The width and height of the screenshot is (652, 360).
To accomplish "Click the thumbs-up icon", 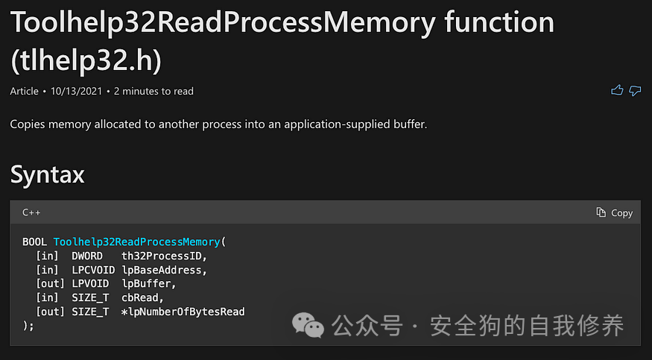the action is tap(617, 91).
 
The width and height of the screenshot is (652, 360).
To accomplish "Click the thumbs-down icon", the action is tap(635, 91).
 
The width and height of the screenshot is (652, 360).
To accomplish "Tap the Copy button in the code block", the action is tap(615, 212).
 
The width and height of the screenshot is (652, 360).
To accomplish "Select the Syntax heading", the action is tap(47, 174).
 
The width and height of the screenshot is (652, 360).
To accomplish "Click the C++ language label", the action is tap(31, 212).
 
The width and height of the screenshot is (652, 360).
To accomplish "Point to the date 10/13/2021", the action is tap(78, 92).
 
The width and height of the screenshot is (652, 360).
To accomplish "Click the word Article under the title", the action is tap(25, 92).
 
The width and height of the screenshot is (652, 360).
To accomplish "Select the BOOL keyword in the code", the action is tap(35, 242).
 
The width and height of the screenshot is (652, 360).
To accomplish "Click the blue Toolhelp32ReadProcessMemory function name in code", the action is tap(137, 242).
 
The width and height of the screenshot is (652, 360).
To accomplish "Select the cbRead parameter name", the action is tap(140, 297).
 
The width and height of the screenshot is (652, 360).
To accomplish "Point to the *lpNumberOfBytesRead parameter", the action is tap(183, 312).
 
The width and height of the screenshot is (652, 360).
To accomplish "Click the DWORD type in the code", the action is tap(87, 256).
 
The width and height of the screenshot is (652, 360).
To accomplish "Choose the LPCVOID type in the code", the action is tap(93, 270).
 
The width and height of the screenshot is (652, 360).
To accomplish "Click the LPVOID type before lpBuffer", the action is tap(90, 284).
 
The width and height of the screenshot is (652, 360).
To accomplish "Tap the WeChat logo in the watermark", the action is tap(308, 325).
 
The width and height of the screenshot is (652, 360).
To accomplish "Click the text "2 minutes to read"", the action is tap(153, 92).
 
